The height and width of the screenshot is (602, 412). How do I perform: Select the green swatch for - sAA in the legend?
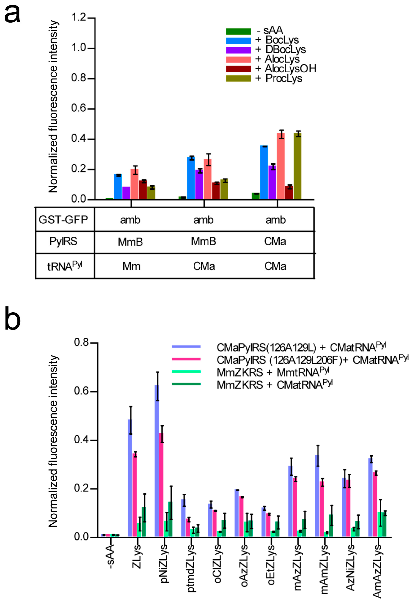(238, 31)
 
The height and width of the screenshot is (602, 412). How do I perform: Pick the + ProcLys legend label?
(279, 78)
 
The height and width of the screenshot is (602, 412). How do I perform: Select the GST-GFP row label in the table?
(63, 220)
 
